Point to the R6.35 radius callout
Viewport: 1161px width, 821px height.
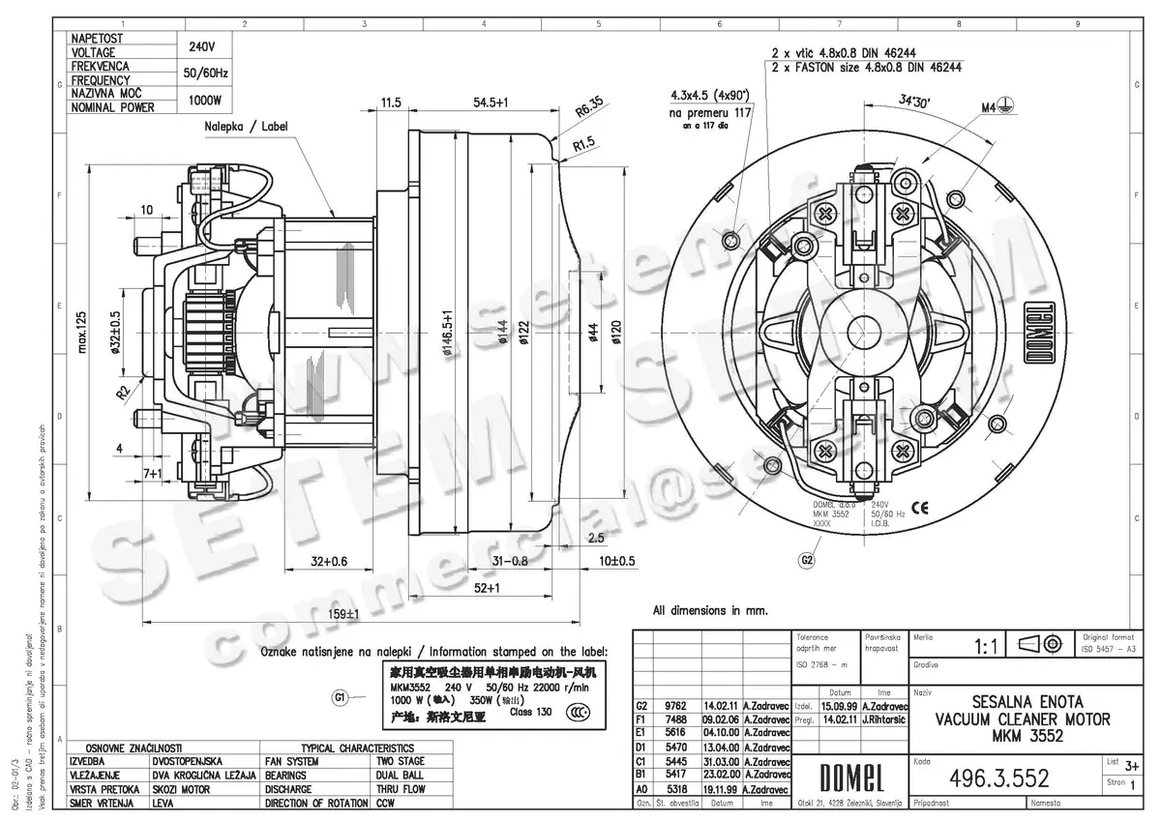pos(588,107)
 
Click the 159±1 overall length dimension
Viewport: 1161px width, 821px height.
pos(339,613)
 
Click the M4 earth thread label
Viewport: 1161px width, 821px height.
pos(991,107)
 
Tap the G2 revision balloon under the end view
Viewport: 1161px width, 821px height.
pos(806,559)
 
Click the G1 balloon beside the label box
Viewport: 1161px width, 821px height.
pos(341,698)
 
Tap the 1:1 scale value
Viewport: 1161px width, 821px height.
pos(987,644)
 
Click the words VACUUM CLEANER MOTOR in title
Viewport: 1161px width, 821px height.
pos(1023,719)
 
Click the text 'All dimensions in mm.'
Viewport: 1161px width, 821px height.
pos(709,610)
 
